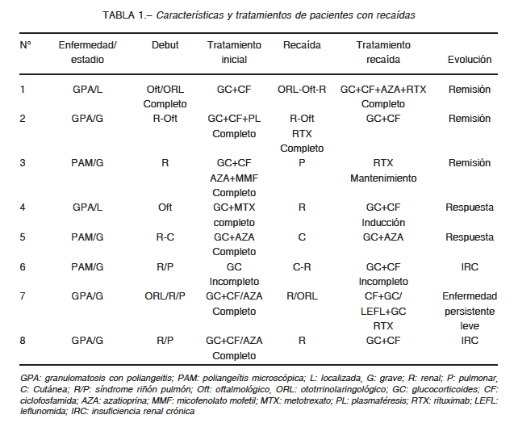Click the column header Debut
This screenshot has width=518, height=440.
[x=165, y=45]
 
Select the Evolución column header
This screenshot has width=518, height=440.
[x=470, y=60]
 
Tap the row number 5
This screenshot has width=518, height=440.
[x=23, y=237]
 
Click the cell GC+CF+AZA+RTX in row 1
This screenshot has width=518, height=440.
[x=383, y=90]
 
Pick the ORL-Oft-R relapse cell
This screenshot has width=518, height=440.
[x=302, y=90]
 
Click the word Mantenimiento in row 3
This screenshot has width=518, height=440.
[x=383, y=178]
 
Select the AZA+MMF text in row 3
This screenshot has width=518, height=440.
[x=234, y=178]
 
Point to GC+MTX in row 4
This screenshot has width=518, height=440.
[x=234, y=207]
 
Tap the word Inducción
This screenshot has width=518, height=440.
[x=383, y=223]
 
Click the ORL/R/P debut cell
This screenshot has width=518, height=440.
[x=165, y=295]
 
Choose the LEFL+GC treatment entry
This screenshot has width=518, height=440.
[x=383, y=312]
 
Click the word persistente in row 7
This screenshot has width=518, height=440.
[x=470, y=312]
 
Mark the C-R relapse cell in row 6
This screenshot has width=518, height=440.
[x=302, y=266]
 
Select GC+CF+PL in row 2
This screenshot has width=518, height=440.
[x=234, y=119]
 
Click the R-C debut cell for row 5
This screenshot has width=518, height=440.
[x=165, y=237]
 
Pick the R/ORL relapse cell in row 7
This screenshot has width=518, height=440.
[x=302, y=295]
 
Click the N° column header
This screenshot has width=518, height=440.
[x=25, y=45]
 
